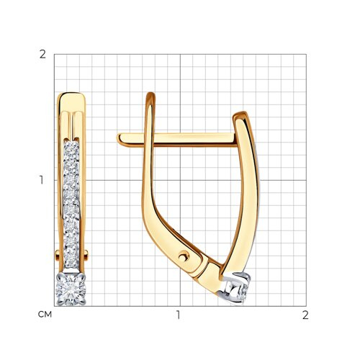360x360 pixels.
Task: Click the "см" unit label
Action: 45,315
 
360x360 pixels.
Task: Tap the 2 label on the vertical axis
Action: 42,55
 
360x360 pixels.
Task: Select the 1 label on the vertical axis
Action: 42,180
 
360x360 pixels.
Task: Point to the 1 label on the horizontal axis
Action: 178,315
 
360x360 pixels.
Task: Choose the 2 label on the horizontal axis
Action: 305,315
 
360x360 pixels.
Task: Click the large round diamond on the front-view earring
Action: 71,289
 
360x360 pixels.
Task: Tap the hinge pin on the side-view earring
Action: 184,256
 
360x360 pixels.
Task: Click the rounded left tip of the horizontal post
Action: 118,139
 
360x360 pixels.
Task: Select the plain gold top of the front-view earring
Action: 71,102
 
